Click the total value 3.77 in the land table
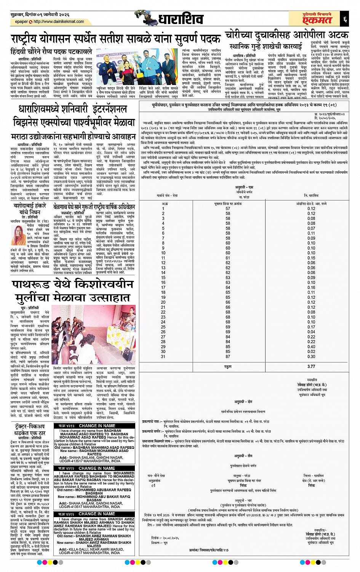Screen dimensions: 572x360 point(311,366)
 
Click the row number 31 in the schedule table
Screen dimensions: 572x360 point(163,356)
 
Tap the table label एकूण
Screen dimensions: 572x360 point(228,366)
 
